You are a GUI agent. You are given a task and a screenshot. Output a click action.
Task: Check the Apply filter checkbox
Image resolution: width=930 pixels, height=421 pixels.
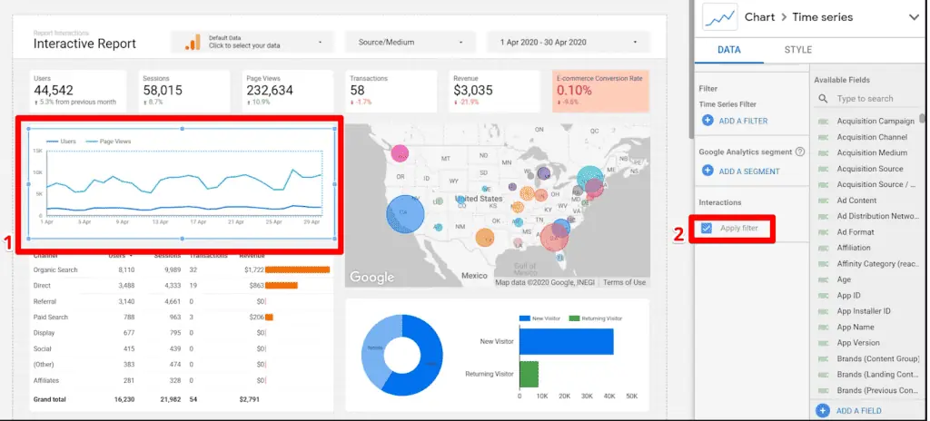click(707, 228)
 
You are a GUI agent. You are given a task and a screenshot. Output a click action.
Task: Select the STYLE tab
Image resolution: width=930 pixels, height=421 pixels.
click(798, 50)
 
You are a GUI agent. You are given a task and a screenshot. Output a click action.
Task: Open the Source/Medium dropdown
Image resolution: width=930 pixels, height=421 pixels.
click(411, 43)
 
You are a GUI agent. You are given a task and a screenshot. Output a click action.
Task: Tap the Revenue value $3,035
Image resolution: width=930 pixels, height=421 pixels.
click(473, 91)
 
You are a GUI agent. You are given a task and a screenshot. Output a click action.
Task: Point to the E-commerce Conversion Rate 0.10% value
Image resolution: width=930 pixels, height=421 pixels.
click(574, 91)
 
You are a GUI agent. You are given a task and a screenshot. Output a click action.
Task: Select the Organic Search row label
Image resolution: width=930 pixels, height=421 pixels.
click(54, 269)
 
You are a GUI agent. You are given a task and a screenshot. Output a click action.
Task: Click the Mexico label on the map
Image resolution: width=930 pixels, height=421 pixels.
click(473, 274)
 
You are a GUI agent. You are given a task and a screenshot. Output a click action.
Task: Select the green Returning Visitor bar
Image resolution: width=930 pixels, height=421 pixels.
click(529, 373)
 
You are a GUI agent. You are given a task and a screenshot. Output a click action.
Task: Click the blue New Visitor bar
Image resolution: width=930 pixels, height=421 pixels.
click(566, 341)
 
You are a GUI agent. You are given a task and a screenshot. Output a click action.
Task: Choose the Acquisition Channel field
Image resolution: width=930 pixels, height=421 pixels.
click(871, 137)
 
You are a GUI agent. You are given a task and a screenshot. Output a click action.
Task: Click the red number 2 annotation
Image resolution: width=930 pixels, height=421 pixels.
click(678, 232)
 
